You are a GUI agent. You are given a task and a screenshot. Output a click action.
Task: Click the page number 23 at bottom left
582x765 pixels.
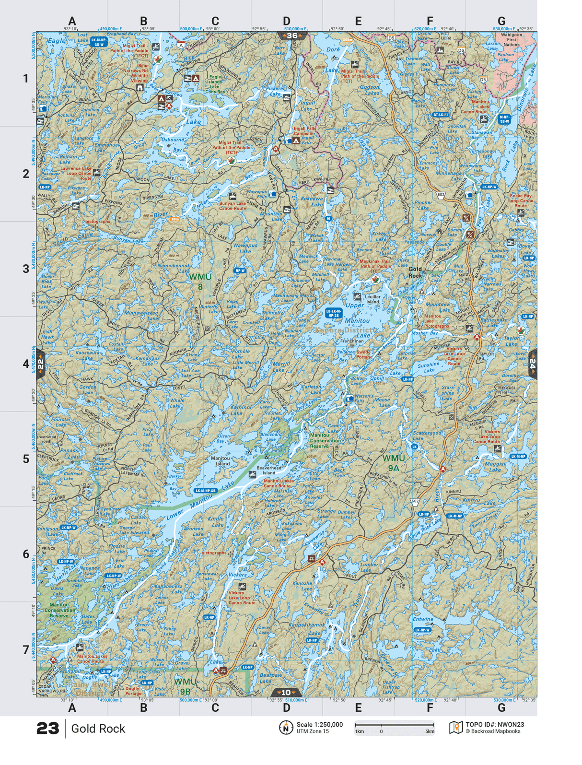coord(47,728)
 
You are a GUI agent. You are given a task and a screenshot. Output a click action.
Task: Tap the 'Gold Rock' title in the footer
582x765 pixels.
coord(98,729)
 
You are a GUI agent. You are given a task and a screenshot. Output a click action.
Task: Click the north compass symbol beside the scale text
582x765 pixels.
coord(286,728)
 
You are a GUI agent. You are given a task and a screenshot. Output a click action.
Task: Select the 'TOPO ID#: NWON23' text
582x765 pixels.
coord(494,725)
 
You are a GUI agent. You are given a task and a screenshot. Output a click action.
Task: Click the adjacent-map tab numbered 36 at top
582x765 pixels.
coord(291,35)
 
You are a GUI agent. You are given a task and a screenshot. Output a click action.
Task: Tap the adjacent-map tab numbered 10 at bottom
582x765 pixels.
coord(286,693)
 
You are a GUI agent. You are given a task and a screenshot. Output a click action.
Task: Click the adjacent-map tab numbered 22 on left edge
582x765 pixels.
coord(41,364)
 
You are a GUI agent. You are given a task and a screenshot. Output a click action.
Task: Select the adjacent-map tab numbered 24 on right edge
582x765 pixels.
coord(532,364)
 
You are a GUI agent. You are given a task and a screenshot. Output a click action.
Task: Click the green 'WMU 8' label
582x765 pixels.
coord(200,282)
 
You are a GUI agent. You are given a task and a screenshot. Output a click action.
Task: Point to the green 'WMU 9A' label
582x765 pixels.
coord(394,463)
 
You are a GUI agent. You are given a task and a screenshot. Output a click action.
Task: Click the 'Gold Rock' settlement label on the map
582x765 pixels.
coord(415,272)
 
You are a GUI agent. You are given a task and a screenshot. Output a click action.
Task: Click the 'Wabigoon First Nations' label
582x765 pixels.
coord(511,39)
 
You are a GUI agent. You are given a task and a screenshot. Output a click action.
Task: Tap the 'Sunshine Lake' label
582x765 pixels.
coord(428,367)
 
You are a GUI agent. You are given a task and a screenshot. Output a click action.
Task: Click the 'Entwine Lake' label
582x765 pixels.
coord(422,619)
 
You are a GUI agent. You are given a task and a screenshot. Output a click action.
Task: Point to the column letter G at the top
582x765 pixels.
coord(501,21)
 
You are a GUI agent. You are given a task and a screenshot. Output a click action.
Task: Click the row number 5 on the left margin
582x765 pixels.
coord(26,459)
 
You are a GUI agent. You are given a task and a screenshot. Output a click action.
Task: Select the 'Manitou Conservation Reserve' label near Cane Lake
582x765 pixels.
coord(325,440)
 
